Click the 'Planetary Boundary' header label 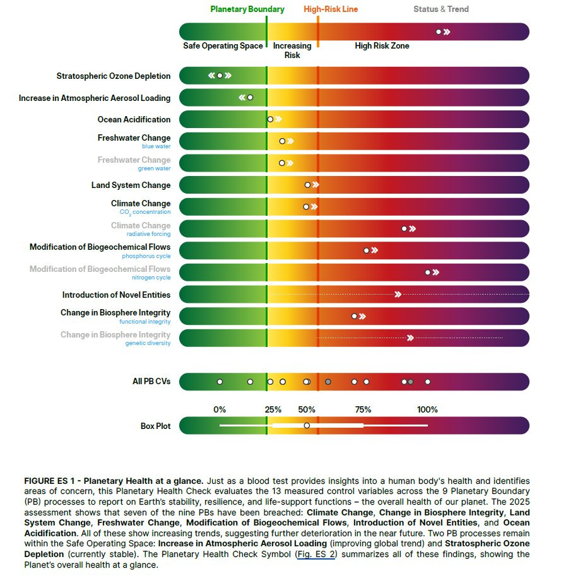tap(247, 9)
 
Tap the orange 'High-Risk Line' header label tap(331, 9)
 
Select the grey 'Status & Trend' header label tap(441, 9)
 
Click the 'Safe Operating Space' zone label tap(223, 46)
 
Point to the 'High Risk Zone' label tap(382, 46)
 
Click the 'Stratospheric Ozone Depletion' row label tap(114, 76)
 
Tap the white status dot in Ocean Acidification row tap(270, 119)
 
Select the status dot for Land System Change tap(307, 185)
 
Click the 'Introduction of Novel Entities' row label tap(116, 295)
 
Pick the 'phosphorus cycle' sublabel tap(146, 256)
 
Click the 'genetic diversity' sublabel tap(148, 343)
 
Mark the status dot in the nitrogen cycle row tap(428, 273)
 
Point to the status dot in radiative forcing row tap(405, 228)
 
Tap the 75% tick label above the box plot tap(363, 410)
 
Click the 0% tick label tap(220, 410)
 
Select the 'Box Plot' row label tap(155, 426)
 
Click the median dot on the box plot tap(307, 425)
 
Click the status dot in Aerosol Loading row tap(250, 98)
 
